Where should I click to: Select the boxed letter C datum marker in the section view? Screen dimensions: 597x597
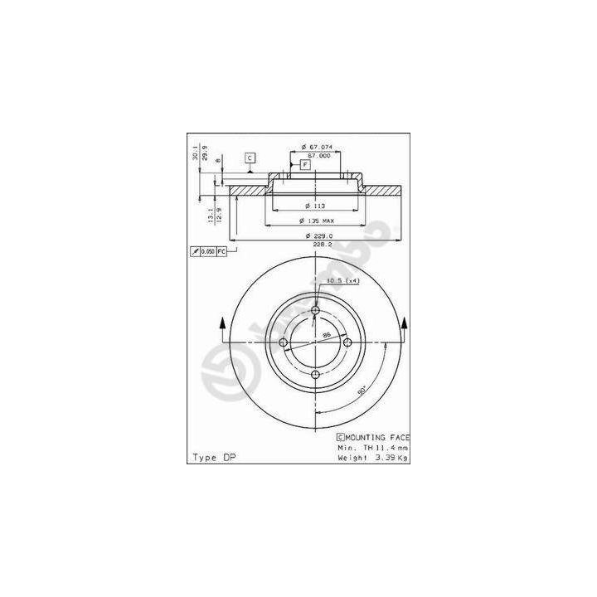[x=249, y=158]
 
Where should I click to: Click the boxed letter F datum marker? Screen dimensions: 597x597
[x=305, y=165]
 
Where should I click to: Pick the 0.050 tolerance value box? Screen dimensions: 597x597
[x=207, y=250]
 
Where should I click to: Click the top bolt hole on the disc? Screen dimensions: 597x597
[x=316, y=312]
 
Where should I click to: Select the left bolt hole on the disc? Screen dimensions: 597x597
[x=284, y=343]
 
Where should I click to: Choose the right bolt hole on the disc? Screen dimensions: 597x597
[x=347, y=343]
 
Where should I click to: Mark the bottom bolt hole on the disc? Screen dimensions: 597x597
[x=316, y=375]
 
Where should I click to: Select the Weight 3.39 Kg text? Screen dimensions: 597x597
[x=373, y=457]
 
